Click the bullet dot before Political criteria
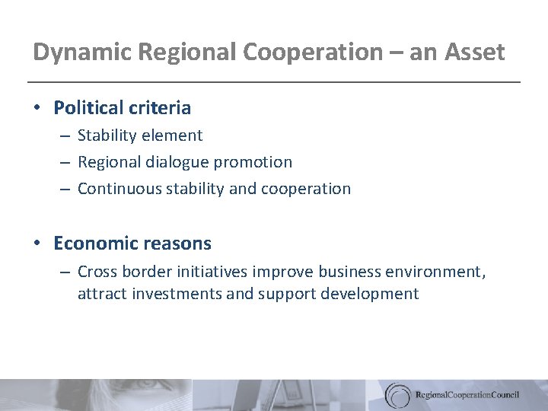tap(37, 108)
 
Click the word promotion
tap(256, 162)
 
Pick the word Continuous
tap(116, 188)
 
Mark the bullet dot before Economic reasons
tap(37, 244)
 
